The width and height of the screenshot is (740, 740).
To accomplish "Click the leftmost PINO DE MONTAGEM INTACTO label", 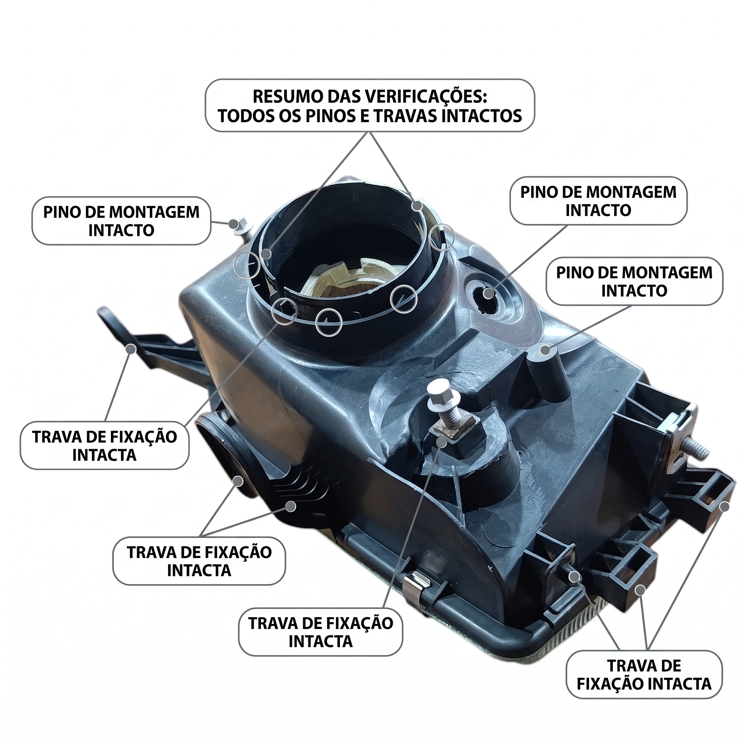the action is [121, 221].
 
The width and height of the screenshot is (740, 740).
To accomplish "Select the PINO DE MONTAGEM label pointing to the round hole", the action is [598, 201].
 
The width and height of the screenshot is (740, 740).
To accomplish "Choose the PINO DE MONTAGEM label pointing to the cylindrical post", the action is [634, 281].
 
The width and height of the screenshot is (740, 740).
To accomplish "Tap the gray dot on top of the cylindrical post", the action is [545, 350].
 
